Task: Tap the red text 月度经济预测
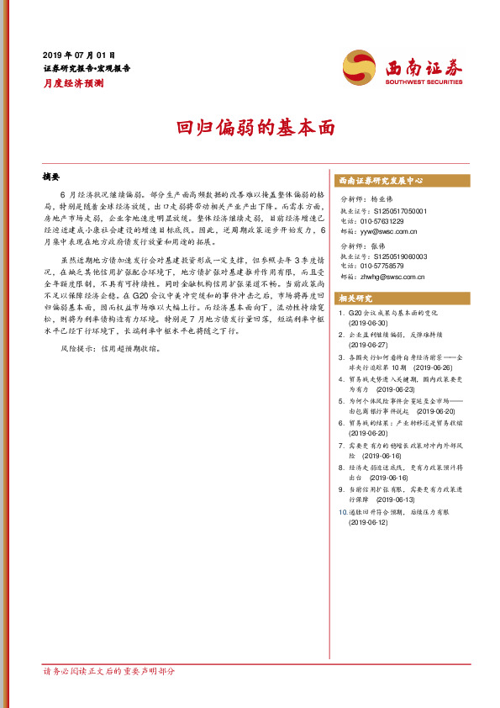(73, 83)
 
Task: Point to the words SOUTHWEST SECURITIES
(423, 82)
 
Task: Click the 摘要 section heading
(52, 177)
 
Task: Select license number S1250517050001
(398, 210)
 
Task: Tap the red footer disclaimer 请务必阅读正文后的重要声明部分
(109, 672)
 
